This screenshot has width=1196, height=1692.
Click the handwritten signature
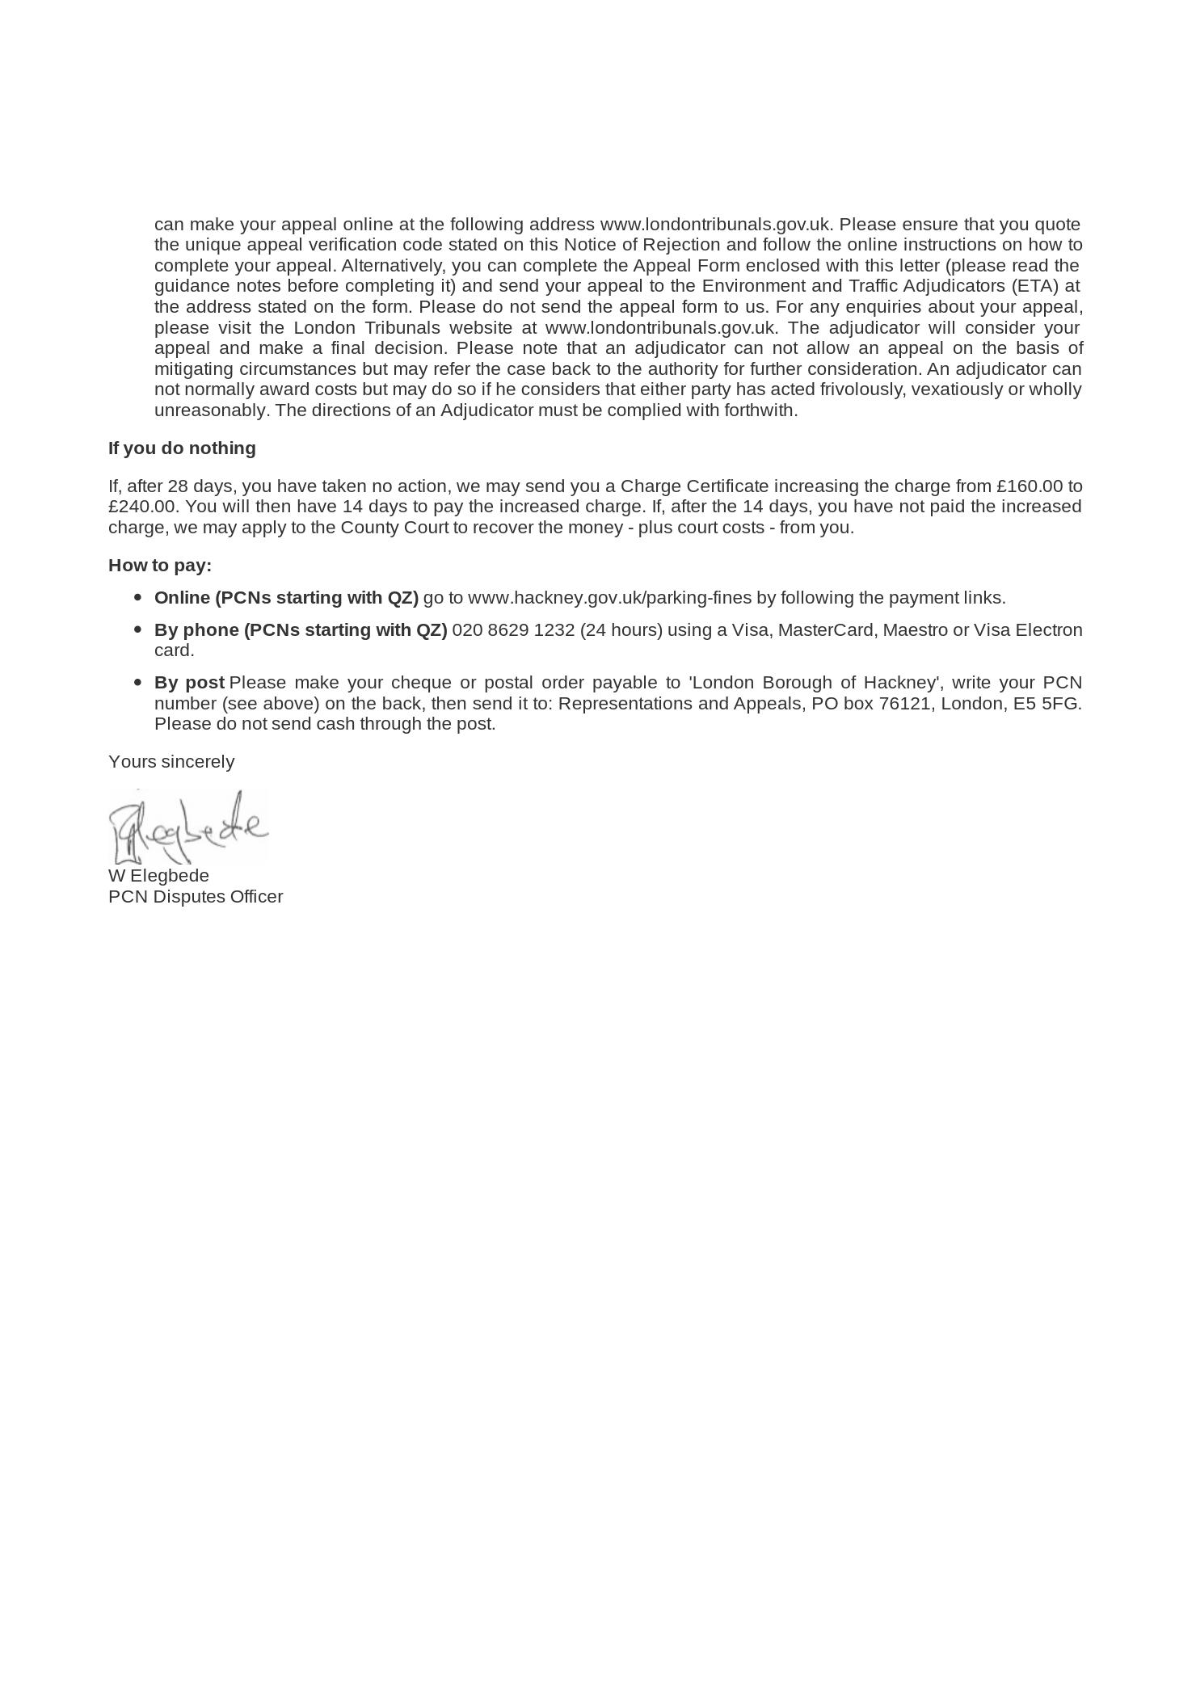187,827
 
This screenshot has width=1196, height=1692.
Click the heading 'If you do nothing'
182,448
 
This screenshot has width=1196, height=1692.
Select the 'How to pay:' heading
160,566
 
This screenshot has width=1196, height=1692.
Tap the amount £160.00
1030,486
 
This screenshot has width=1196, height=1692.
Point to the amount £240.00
142,507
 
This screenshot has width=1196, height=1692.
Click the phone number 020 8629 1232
513,630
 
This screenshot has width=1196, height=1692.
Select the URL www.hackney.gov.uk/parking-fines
609,598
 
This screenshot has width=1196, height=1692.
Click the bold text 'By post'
189,683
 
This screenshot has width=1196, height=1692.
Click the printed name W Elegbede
158,876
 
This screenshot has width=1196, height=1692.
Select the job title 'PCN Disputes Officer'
196,897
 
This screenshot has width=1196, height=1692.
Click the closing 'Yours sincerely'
171,762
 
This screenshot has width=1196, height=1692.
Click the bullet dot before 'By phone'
137,629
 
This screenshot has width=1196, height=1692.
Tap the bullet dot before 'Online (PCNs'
137,598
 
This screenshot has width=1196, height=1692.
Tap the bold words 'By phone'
196,630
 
